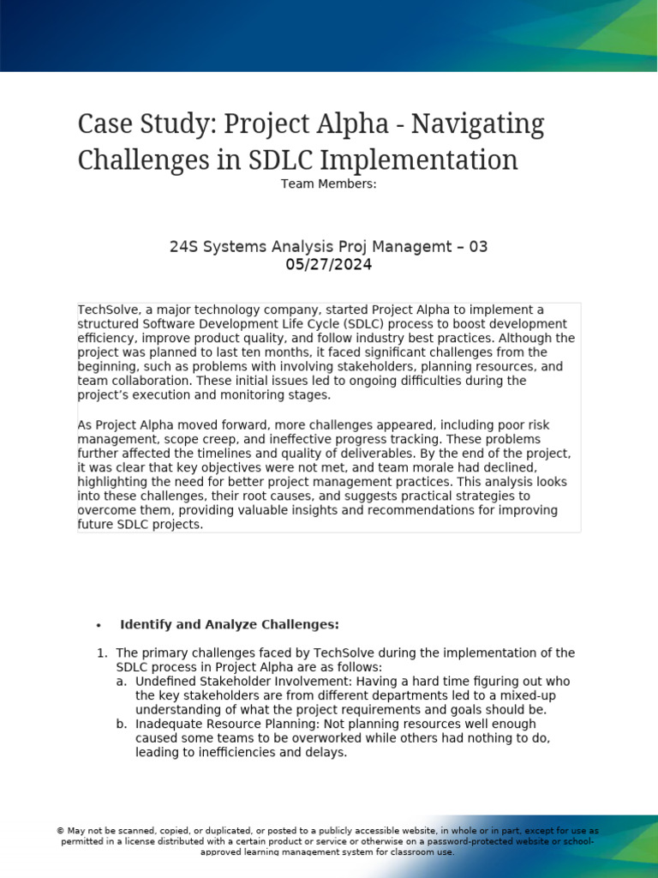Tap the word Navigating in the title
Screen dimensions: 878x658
477,124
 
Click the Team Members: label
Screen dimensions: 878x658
328,183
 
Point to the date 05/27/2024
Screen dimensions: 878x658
328,265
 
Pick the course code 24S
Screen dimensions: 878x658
183,247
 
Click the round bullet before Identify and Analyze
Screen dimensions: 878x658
99,625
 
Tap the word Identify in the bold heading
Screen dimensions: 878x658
146,624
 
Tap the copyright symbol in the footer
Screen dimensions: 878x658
60,831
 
